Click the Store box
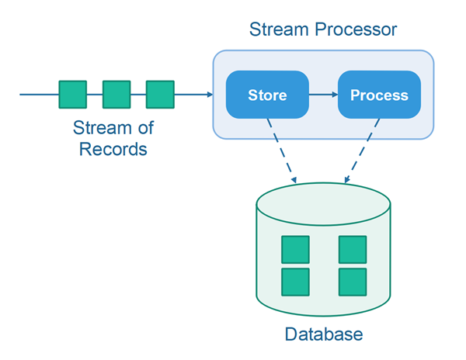tap(267, 95)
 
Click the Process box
tap(379, 95)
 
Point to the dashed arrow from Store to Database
tap(281, 152)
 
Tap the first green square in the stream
tap(73, 95)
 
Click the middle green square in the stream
tap(116, 95)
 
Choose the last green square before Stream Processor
tap(160, 95)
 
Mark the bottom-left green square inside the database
tap(295, 282)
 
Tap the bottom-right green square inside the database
tap(352, 282)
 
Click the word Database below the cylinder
tap(323, 335)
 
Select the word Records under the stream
tap(113, 148)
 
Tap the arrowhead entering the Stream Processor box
tap(209, 95)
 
